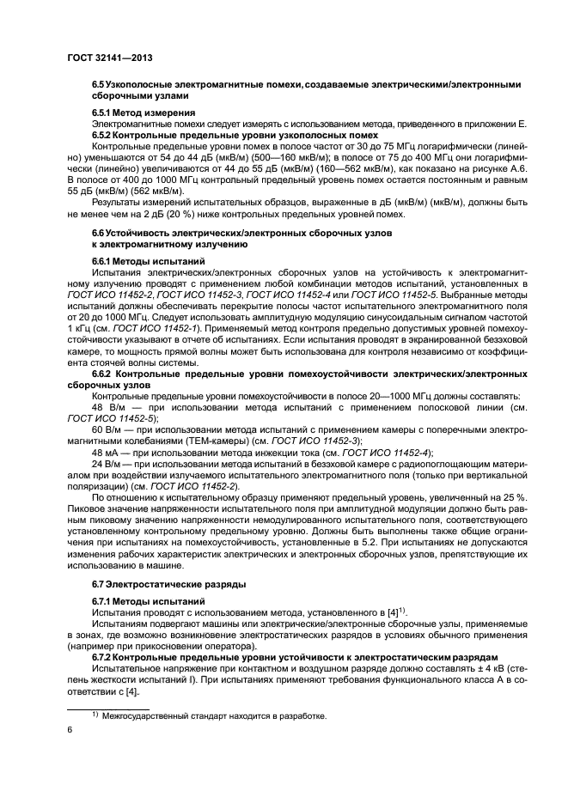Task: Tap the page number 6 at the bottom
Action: [70, 729]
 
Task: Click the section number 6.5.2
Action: [105, 135]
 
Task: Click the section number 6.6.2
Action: [107, 375]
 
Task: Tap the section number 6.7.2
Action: [105, 655]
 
